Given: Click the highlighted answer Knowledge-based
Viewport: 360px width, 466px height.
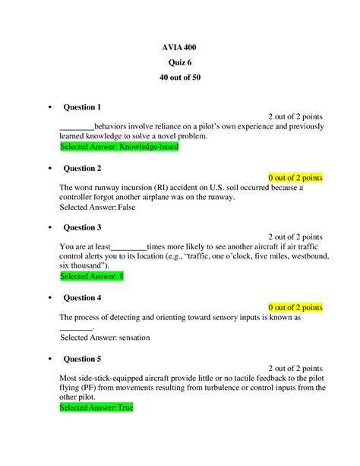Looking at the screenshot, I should [118, 147].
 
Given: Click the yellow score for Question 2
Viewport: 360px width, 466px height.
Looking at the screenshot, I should [295, 177].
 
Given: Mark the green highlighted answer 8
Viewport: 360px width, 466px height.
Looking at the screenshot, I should [91, 277].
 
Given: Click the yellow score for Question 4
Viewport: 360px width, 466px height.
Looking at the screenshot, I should [295, 307].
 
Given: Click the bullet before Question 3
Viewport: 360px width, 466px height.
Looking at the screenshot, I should [49, 228].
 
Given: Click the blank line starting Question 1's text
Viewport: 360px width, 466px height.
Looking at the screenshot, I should [76, 126].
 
